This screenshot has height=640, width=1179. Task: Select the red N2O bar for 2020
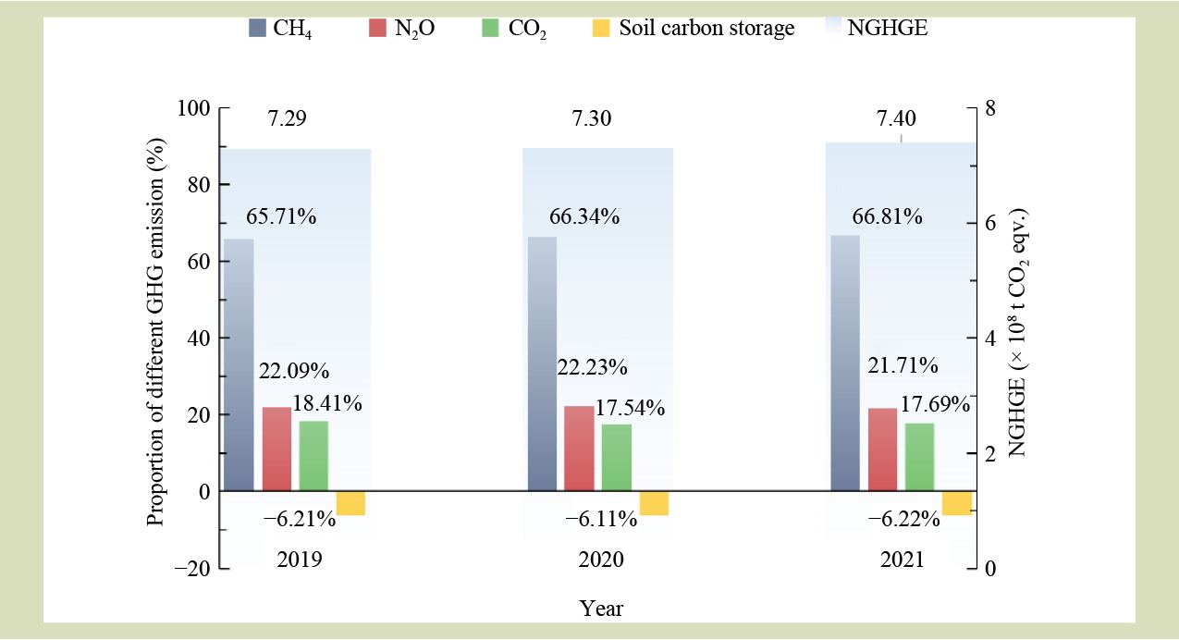point(579,449)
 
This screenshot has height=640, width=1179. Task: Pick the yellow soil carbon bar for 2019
point(350,503)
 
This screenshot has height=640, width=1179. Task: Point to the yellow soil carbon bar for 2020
point(654,503)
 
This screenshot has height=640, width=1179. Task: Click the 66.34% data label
point(584,217)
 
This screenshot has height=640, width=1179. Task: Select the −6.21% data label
point(299,519)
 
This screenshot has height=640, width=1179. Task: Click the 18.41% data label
point(327,403)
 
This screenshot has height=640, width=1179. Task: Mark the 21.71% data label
point(903,365)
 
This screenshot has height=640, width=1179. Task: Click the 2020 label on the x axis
point(601,560)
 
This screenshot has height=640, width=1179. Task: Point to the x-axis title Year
point(601,609)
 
